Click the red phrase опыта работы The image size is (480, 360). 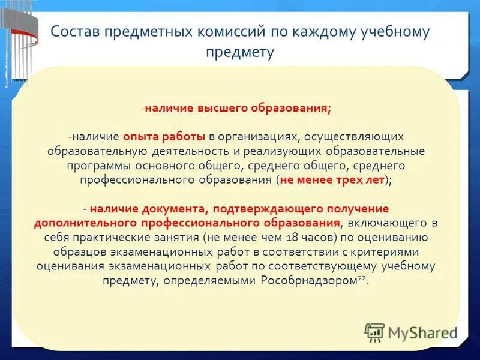(164, 137)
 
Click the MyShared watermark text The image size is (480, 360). (422, 332)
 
